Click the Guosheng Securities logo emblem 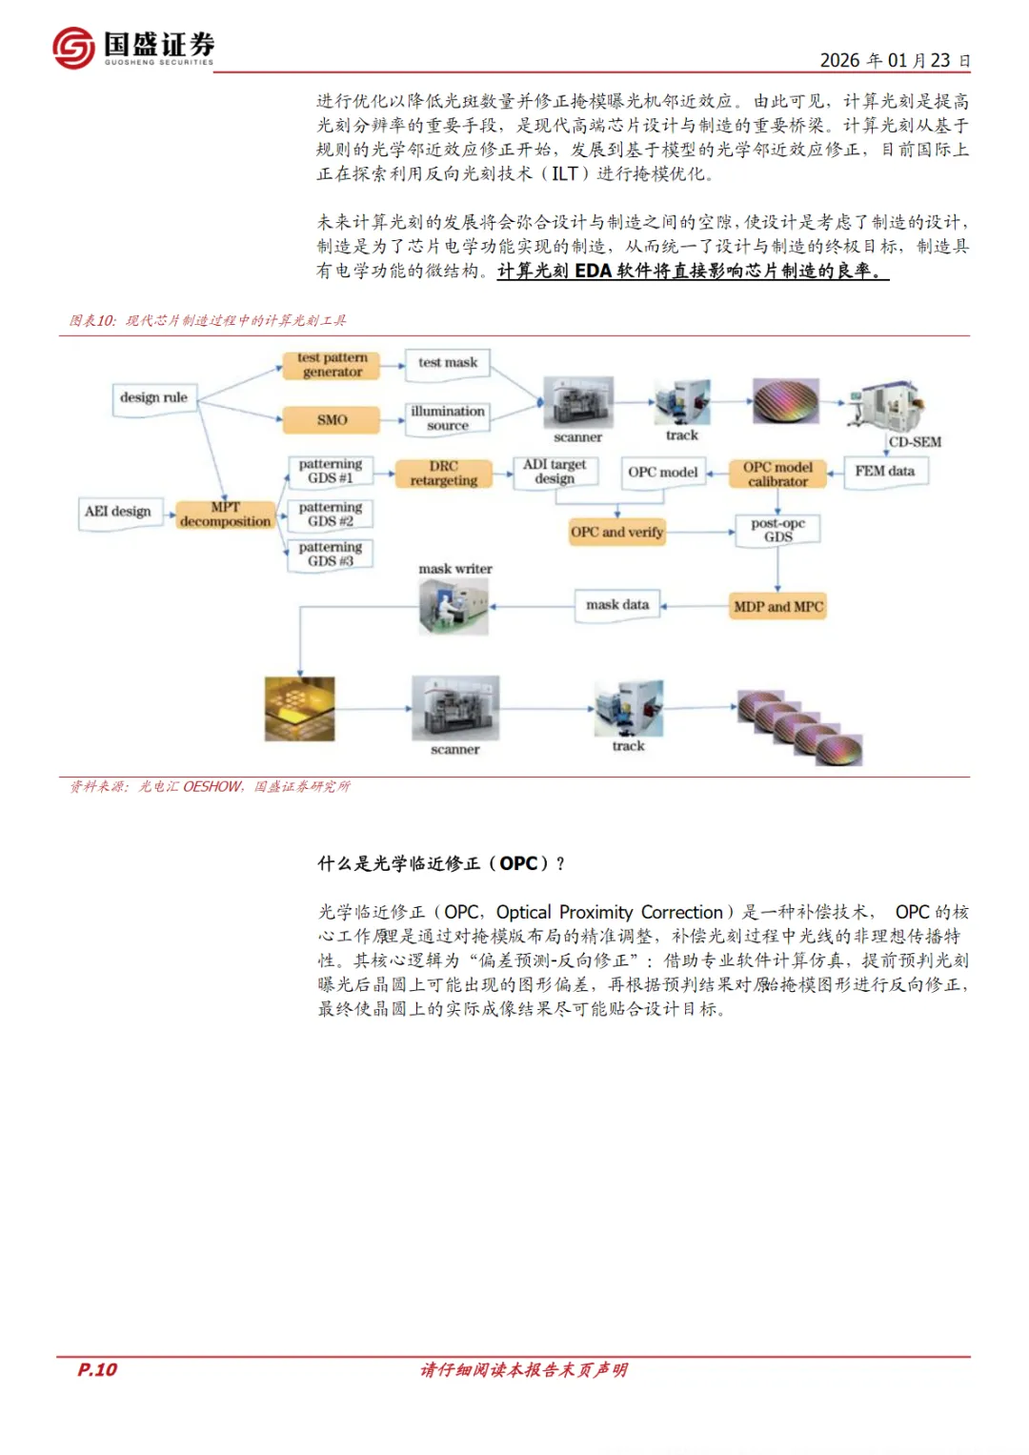[73, 47]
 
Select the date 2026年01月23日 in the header [895, 61]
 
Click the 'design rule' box [153, 398]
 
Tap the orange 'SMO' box [332, 419]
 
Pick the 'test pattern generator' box [332, 365]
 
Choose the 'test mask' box [448, 363]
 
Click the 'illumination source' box [448, 418]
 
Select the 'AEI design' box [118, 512]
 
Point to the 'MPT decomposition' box [226, 515]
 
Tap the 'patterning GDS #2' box [330, 515]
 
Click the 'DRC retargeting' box [444, 474]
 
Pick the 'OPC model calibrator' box [777, 474]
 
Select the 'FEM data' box [884, 471]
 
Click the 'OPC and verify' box [616, 532]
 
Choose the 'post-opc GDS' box [777, 530]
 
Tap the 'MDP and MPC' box [777, 606]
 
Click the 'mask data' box [617, 605]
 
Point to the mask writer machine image [454, 607]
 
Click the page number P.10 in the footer [97, 1369]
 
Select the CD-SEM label [915, 442]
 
